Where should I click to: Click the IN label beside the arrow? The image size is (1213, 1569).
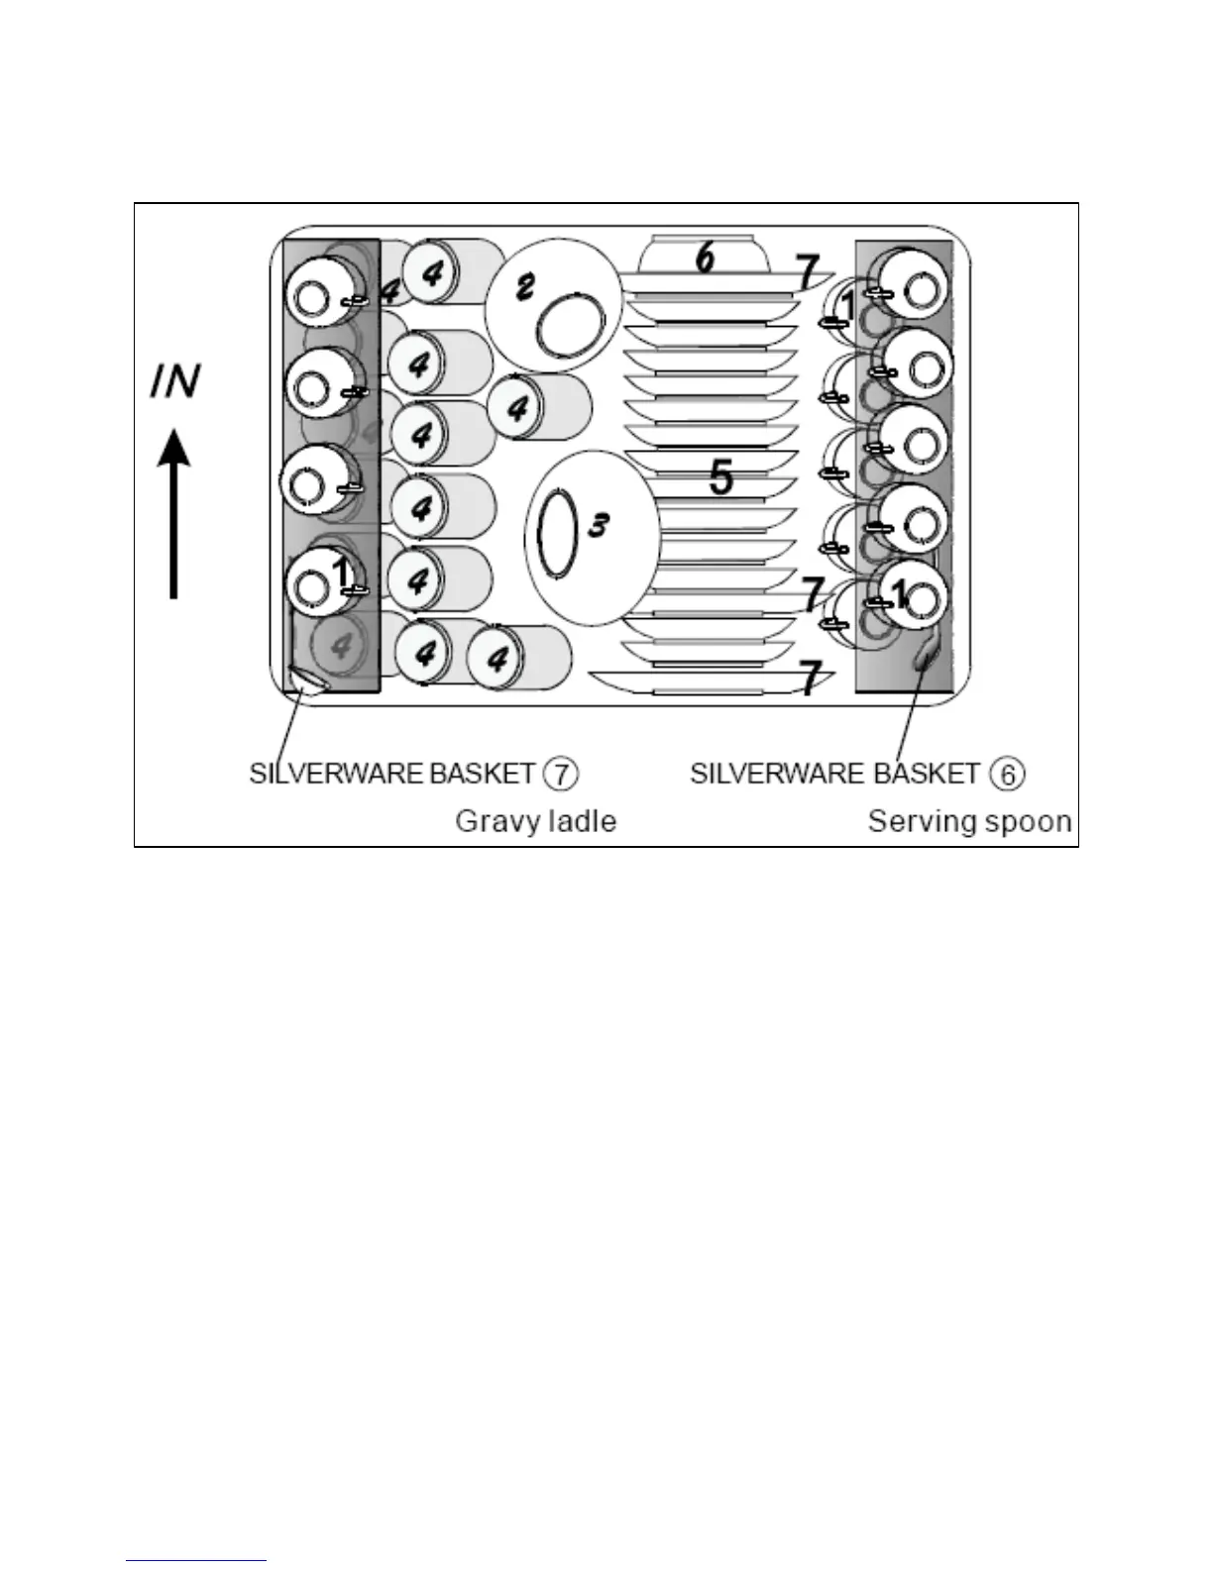point(175,381)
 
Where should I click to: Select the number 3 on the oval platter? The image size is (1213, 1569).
point(598,524)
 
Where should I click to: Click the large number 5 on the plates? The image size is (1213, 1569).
point(721,477)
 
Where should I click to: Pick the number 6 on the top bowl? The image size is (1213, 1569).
point(705,258)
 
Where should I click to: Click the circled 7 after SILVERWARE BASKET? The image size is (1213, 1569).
point(561,773)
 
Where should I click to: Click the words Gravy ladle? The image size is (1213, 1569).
point(535,821)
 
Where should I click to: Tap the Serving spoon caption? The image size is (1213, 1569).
point(969,821)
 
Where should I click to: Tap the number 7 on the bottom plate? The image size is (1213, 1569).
point(811,679)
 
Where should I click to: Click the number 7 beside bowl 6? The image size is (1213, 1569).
point(808,271)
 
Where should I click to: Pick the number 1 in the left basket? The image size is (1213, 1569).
point(340,573)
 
